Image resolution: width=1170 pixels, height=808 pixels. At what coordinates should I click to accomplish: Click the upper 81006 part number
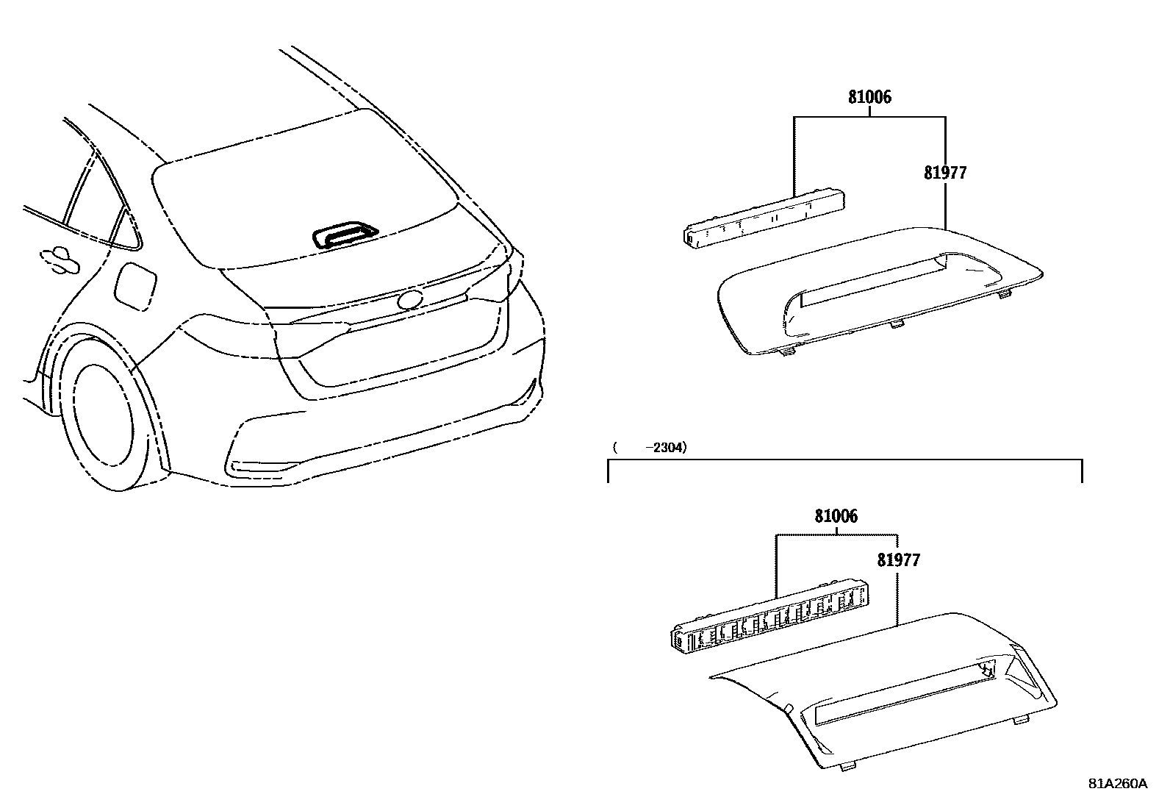click(869, 97)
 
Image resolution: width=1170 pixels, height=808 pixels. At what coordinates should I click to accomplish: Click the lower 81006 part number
click(836, 516)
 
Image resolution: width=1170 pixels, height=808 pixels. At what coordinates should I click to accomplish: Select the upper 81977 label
click(945, 173)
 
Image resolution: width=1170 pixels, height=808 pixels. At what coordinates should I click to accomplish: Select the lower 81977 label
click(898, 560)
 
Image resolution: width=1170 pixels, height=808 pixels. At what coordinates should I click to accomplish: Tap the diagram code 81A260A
click(1117, 783)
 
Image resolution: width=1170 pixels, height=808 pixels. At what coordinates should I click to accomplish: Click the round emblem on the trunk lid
click(409, 300)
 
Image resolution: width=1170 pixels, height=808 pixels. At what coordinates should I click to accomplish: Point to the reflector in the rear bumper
click(261, 467)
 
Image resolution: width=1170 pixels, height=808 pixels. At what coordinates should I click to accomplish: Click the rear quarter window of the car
click(121, 224)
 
